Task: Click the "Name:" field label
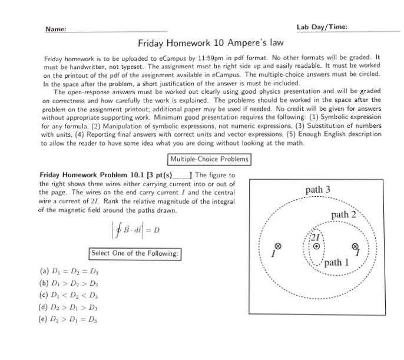(x=55, y=29)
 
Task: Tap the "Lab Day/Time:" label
(x=322, y=27)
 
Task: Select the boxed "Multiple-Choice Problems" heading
(x=209, y=159)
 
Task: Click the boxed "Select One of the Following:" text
(x=135, y=253)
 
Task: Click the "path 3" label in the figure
(x=318, y=190)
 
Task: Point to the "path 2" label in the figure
(x=344, y=214)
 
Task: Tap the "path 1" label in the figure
(x=337, y=262)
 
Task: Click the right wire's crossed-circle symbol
(x=355, y=247)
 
